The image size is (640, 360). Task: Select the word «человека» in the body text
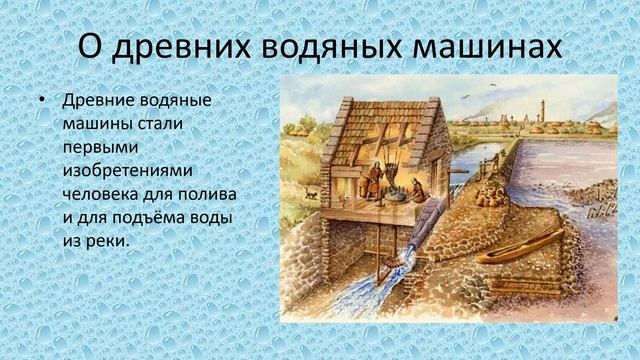(x=105, y=193)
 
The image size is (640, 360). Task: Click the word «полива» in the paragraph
(x=218, y=193)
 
